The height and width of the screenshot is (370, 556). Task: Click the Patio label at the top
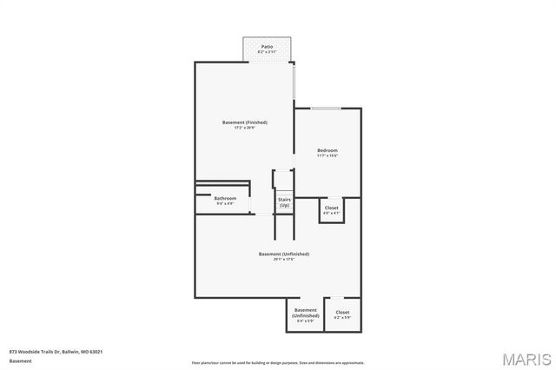point(267,46)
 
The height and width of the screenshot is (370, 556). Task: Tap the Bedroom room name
point(327,150)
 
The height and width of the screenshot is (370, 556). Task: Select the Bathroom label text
point(225,198)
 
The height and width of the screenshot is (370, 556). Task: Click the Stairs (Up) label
point(284,202)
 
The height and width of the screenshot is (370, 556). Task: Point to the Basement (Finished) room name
point(244,122)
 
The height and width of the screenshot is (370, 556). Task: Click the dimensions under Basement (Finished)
point(244,129)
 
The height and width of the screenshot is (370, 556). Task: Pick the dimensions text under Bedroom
point(327,156)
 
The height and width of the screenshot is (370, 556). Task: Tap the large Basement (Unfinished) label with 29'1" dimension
point(284,254)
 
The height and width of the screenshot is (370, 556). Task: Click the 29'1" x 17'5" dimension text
point(284,260)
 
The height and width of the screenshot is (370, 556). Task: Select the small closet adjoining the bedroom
point(332,210)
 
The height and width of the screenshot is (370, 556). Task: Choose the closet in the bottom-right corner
point(342,314)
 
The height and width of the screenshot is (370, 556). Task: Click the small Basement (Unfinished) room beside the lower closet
point(305,314)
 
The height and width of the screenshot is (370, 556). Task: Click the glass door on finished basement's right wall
point(294,83)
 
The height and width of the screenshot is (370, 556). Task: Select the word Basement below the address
point(21,360)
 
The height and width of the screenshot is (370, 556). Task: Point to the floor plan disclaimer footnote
point(278,362)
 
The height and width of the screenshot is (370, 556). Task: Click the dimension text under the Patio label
point(267,52)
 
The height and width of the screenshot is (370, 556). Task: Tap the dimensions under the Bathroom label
point(225,204)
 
